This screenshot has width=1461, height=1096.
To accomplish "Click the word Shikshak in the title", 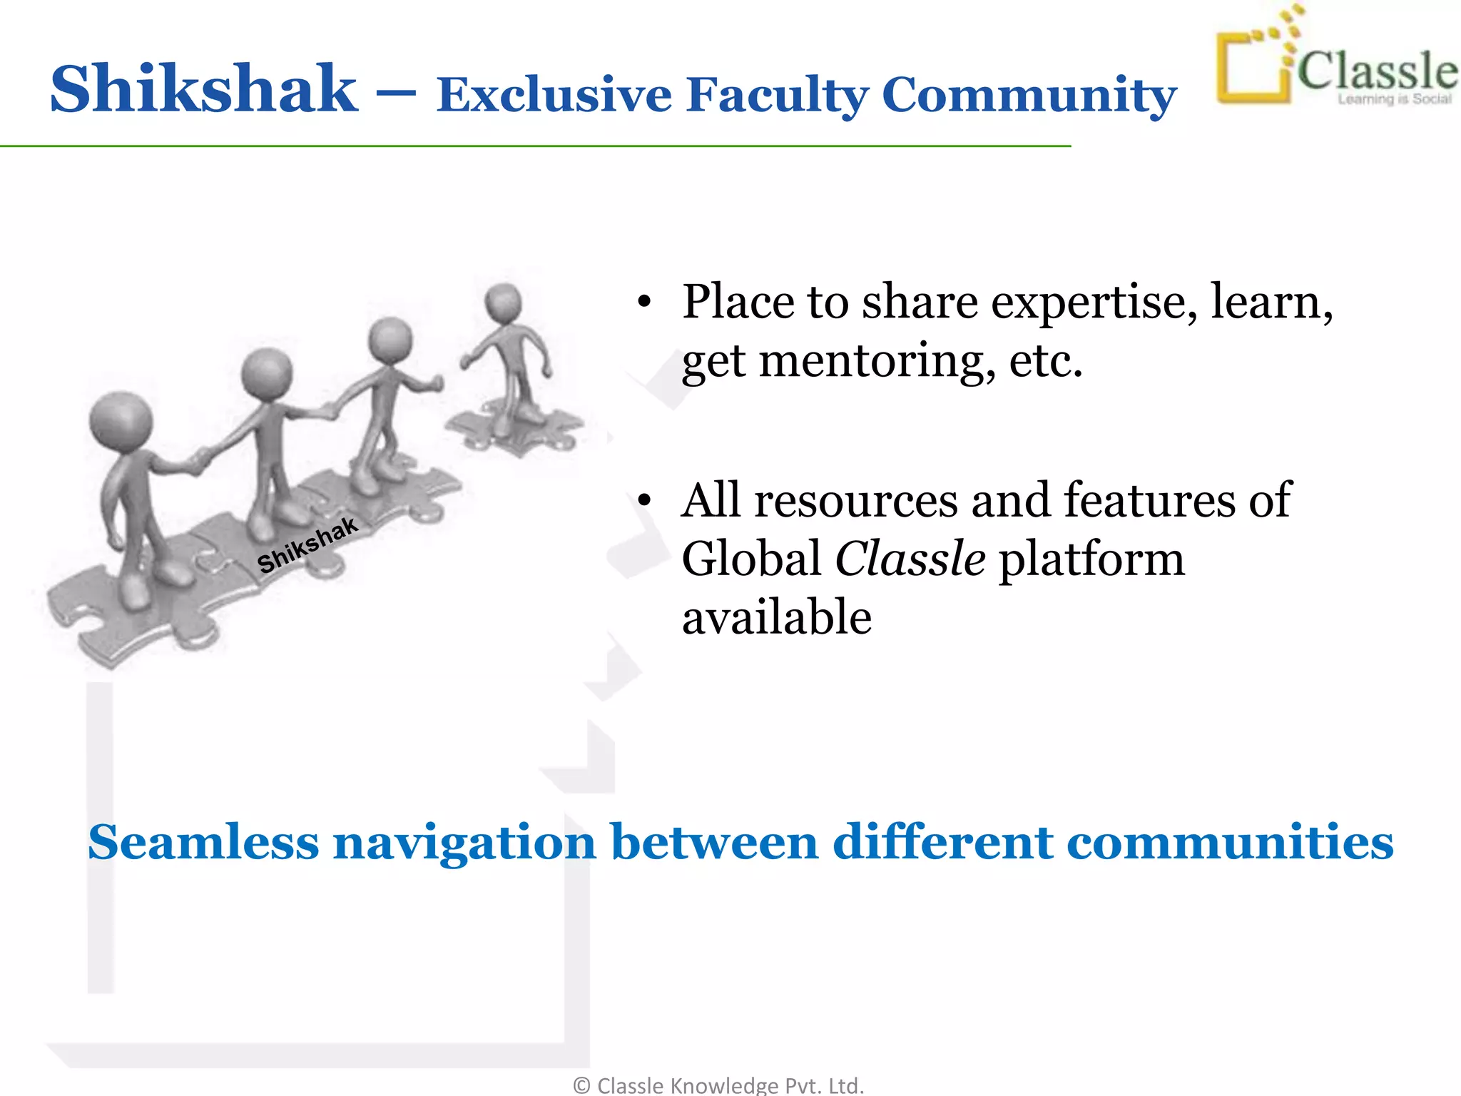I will point(204,89).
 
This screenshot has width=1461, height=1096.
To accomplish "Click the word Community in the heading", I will point(1029,95).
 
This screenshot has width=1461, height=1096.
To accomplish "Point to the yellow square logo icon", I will point(1253,68).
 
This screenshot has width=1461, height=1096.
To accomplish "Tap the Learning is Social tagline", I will point(1394,100).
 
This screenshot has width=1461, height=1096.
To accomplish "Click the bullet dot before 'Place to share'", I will point(644,302).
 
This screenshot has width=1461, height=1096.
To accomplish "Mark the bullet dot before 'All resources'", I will point(644,500).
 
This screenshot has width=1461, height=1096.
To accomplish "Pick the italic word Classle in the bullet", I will point(910,558).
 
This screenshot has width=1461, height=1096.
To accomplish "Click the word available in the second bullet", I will point(777,617).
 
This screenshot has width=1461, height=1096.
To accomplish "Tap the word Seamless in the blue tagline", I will point(203,842).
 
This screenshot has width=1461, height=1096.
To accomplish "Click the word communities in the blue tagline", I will point(1230,842).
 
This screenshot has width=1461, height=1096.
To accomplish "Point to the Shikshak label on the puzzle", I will point(307,545).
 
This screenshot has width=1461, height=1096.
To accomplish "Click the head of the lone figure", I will point(504,301).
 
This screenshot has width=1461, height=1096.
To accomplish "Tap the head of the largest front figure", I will point(121,420).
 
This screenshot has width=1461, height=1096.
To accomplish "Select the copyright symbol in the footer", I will point(581,1085).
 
